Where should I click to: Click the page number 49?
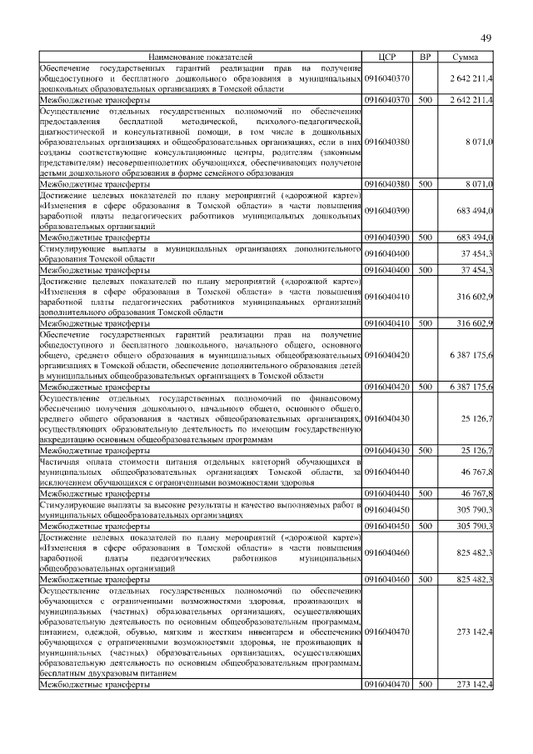pos(487,39)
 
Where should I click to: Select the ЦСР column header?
pos(386,57)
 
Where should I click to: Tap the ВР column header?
pos(425,57)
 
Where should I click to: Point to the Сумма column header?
pos(466,57)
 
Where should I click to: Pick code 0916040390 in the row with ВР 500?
pos(386,237)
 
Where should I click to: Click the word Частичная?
pos(61,461)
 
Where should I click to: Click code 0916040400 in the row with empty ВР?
pos(386,253)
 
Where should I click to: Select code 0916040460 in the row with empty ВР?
pos(386,553)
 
